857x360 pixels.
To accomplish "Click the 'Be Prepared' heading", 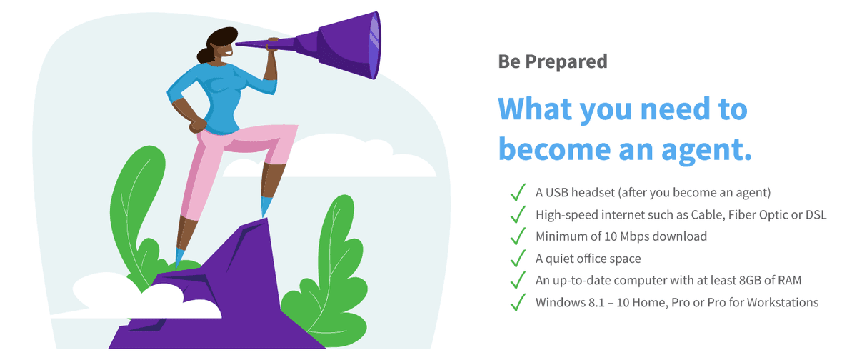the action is pyautogui.click(x=553, y=61).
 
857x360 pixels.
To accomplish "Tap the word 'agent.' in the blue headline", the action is pyautogui.click(x=706, y=150).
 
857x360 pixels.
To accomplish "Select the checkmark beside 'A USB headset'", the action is pyautogui.click(x=518, y=192).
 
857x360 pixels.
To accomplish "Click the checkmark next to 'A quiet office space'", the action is pyautogui.click(x=518, y=259).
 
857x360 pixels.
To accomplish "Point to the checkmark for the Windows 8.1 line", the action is pyautogui.click(x=518, y=302).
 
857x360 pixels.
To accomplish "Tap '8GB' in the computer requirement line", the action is pyautogui.click(x=750, y=281).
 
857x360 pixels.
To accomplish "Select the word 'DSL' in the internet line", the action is pyautogui.click(x=816, y=214).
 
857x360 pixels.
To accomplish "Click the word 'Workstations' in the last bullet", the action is pyautogui.click(x=783, y=303).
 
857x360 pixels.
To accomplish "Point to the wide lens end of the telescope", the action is pyautogui.click(x=374, y=45).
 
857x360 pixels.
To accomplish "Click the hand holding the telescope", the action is pyautogui.click(x=272, y=45).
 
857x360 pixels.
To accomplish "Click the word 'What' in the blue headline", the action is pyautogui.click(x=535, y=109).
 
